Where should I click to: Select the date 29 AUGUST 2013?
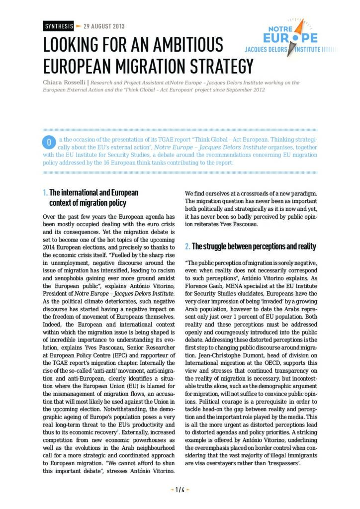click(104, 26)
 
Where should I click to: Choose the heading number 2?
click(187, 247)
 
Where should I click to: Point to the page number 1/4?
click(180, 490)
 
